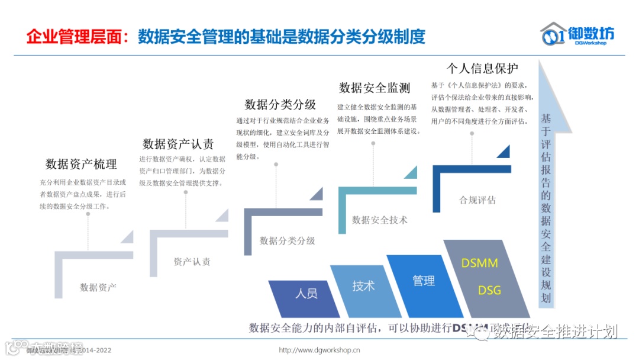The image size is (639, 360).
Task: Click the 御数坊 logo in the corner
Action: click(577, 34)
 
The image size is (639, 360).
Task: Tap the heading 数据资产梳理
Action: click(81, 164)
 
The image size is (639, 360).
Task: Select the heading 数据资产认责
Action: click(178, 144)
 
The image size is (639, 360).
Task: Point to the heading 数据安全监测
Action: click(375, 88)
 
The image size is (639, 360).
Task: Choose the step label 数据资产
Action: click(98, 287)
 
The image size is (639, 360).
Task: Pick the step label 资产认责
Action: click(192, 262)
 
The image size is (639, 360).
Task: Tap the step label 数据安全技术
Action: click(380, 220)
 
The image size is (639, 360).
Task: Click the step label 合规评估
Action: click(477, 200)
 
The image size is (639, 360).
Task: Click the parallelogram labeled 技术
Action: click(363, 286)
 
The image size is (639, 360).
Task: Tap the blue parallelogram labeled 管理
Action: click(424, 281)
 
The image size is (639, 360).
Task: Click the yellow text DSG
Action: click(489, 290)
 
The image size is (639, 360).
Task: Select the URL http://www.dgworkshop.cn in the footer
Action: click(319, 350)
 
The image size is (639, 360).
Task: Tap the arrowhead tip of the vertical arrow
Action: click(547, 62)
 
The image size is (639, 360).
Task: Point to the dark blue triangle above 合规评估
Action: click(504, 152)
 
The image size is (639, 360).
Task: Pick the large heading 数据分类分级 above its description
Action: click(280, 104)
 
